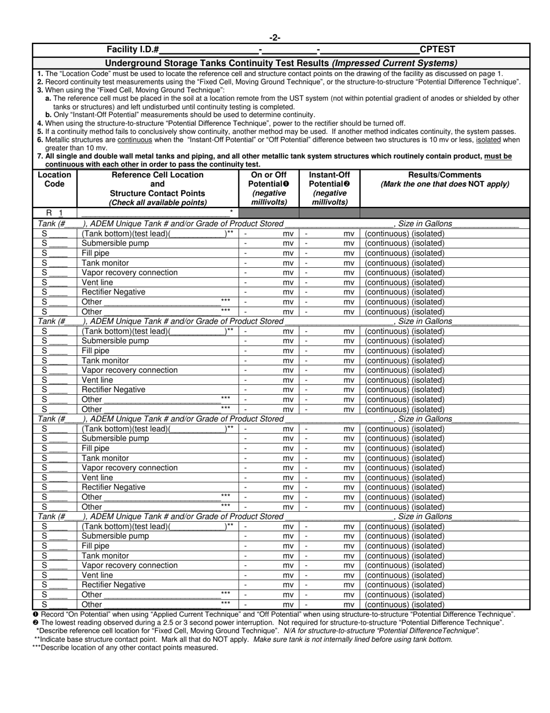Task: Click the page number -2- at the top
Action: (x=275, y=38)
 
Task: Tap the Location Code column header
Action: (x=54, y=180)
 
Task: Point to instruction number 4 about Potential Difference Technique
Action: (x=220, y=123)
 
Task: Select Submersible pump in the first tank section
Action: (x=115, y=243)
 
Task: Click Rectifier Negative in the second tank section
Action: (x=113, y=390)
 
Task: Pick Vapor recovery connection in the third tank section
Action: (x=130, y=468)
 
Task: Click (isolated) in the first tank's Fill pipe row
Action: (x=428, y=253)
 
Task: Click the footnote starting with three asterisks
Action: (x=125, y=647)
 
